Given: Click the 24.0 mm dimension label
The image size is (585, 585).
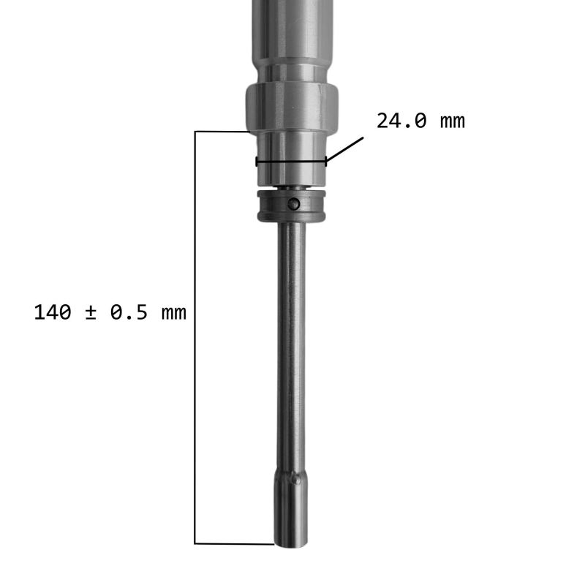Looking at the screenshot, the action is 420,121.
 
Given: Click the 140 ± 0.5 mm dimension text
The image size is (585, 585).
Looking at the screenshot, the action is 110,312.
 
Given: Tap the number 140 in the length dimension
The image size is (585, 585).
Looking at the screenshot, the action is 52,312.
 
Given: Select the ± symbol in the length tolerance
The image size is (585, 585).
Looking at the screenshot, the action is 90,313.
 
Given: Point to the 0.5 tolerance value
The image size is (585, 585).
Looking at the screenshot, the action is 129,312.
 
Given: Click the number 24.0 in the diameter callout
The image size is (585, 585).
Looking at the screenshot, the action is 401,121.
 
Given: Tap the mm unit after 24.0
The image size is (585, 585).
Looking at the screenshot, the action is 453,123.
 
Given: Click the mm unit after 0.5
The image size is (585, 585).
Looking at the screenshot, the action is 174,314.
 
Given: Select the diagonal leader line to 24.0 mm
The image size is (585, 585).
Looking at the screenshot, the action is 344,149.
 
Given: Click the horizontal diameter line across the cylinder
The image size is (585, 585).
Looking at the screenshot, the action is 291,162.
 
